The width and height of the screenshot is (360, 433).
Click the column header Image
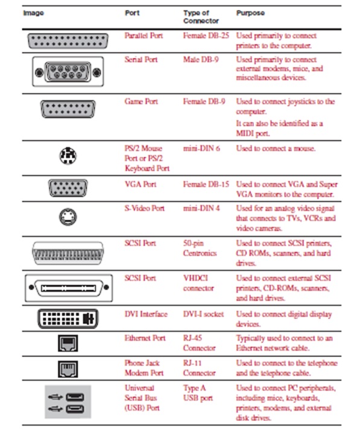coord(33,13)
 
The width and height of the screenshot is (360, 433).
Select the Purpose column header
coord(250,13)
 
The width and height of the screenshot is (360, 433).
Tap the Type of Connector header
coord(200,16)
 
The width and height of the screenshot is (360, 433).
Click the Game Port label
coord(141,102)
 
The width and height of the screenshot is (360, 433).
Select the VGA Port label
coord(140,185)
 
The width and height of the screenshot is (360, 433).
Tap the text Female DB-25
coord(206,36)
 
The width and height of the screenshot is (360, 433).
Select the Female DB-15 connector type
coord(206,185)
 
